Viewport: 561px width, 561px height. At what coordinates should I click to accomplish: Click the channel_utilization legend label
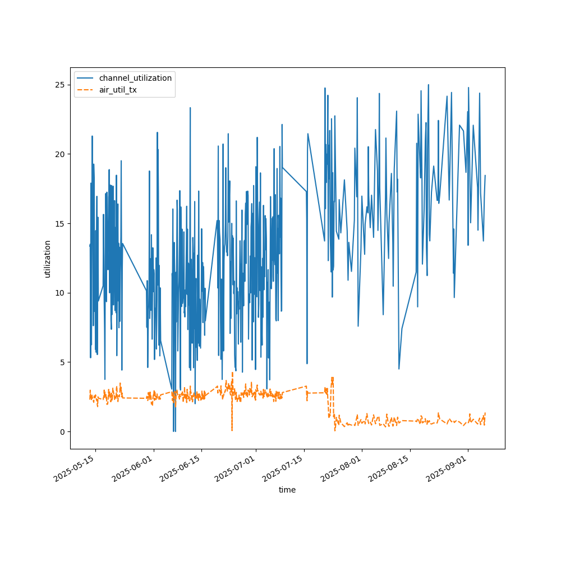[x=135, y=78]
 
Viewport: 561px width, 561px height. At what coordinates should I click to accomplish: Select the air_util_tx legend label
[x=118, y=89]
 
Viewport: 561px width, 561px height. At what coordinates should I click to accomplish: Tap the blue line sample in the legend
[x=86, y=78]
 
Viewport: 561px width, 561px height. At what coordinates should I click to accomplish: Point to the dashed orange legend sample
[x=86, y=89]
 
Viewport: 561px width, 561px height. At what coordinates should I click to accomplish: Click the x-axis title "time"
[x=287, y=490]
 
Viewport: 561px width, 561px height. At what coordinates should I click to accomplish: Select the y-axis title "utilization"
[x=48, y=259]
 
